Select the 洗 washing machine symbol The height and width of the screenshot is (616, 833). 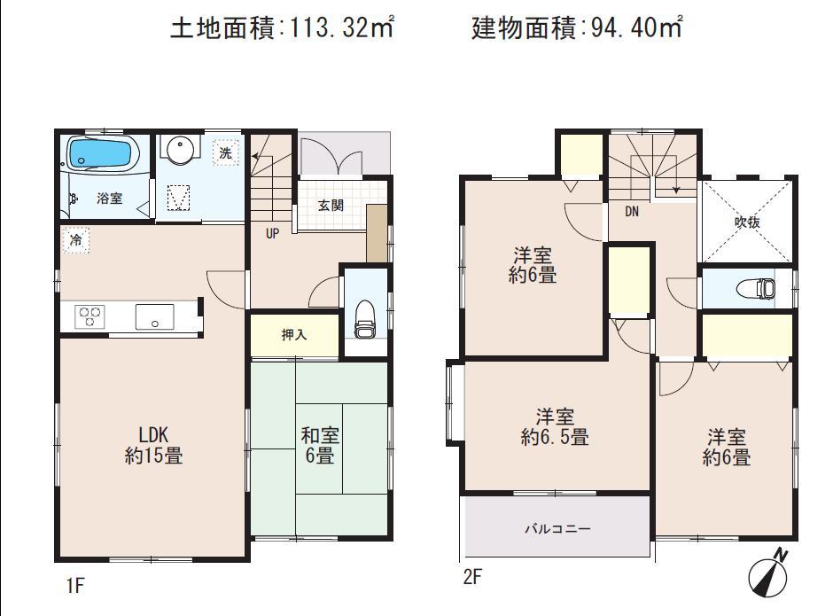click(226, 152)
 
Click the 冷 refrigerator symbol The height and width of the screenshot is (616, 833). click(76, 239)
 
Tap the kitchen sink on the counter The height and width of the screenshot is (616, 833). click(154, 316)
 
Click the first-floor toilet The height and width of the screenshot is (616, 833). click(364, 320)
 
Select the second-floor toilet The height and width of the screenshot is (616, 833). click(756, 288)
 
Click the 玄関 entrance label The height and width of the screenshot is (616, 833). click(331, 206)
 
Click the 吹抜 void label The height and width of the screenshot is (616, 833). click(747, 222)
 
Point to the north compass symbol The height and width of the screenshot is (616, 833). click(767, 576)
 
